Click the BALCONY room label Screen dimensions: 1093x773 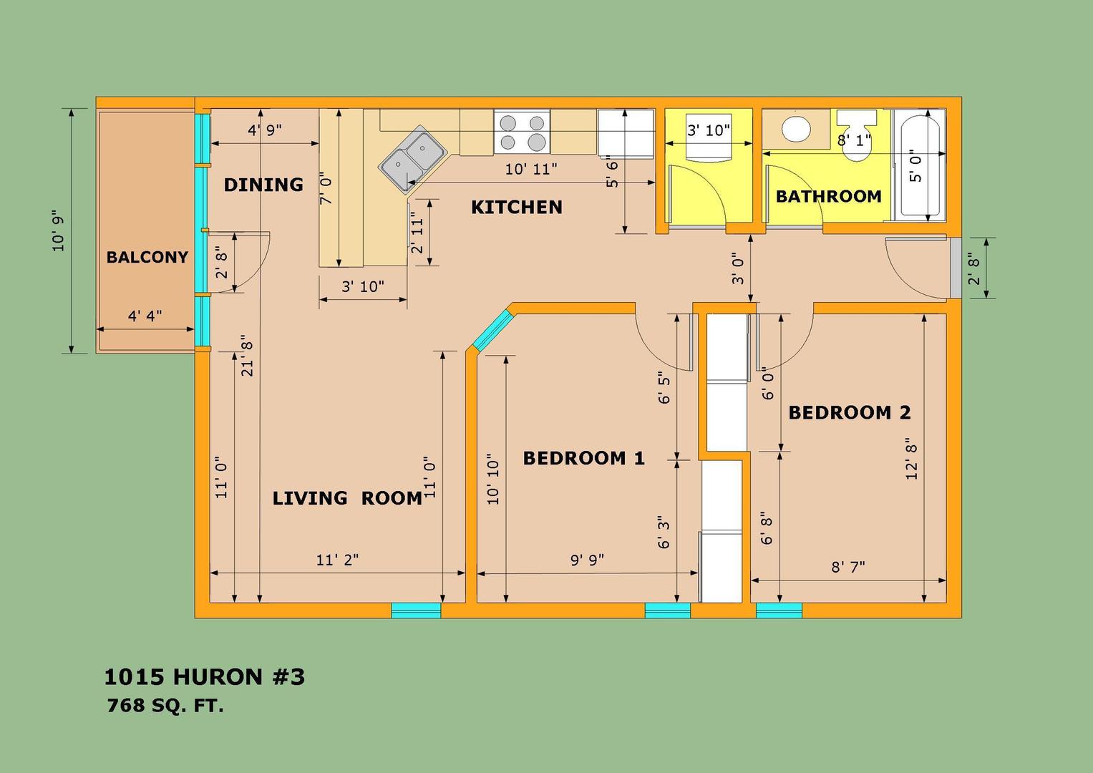[147, 257]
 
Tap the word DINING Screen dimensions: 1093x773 [263, 185]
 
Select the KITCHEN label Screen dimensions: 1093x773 [517, 208]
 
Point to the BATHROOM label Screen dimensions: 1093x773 [829, 196]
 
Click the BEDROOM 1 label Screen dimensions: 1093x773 [583, 458]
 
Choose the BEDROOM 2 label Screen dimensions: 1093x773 [850, 412]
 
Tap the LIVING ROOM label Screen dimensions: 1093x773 [347, 497]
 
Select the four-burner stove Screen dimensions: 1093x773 [522, 131]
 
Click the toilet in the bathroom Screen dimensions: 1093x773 [856, 137]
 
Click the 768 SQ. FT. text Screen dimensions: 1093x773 [165, 706]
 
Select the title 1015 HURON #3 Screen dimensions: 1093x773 [205, 677]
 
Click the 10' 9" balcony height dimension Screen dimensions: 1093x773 [58, 230]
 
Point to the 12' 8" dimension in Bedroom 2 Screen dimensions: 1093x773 [911, 459]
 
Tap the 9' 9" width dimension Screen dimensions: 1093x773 [588, 560]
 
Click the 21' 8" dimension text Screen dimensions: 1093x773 [248, 355]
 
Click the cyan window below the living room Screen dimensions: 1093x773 [416, 611]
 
